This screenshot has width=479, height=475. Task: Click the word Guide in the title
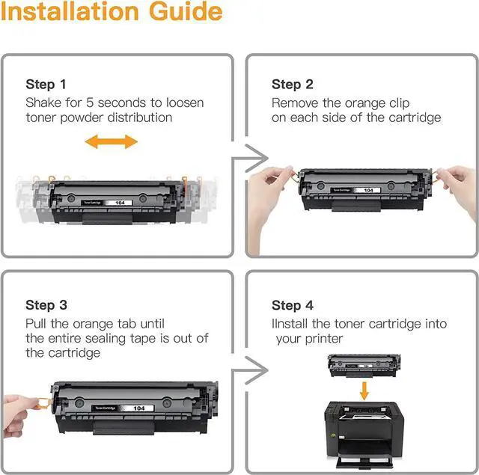click(186, 12)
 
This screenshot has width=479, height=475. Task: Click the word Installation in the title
click(70, 12)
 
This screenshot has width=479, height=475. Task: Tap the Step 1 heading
click(46, 85)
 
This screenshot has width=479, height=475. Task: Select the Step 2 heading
click(293, 85)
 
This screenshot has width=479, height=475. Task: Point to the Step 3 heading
click(46, 305)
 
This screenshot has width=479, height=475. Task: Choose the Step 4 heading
click(293, 305)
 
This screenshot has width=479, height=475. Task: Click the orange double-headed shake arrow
click(112, 141)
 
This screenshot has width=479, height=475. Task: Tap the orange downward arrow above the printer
click(364, 390)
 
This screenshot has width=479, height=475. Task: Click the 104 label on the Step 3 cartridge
click(139, 408)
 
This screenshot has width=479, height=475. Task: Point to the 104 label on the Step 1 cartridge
click(120, 203)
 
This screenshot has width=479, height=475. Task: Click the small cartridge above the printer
click(364, 365)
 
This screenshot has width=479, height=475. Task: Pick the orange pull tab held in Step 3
click(43, 403)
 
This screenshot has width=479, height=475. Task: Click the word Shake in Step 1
click(43, 102)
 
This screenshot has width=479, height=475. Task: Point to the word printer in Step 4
click(324, 339)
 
